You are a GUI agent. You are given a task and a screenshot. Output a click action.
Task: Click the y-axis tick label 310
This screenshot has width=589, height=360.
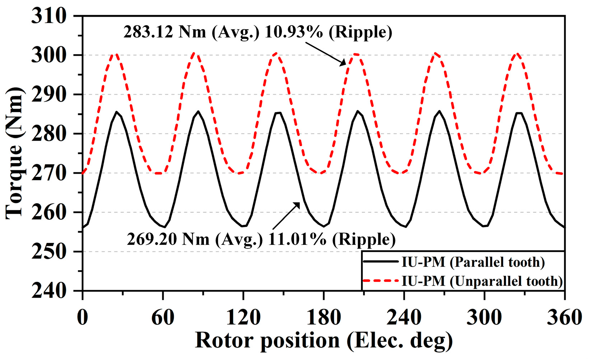[49, 17]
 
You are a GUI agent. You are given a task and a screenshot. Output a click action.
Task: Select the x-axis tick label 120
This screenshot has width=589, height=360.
[243, 318]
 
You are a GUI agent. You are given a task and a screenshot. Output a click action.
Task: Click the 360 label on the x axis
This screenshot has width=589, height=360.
[564, 318]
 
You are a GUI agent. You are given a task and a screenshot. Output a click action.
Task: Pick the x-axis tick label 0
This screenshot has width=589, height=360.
[83, 318]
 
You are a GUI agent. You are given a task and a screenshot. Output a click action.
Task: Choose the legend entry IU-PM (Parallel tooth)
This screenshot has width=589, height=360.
[473, 262]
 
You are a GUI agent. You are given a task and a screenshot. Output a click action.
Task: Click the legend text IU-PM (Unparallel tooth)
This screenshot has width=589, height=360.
[482, 281]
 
